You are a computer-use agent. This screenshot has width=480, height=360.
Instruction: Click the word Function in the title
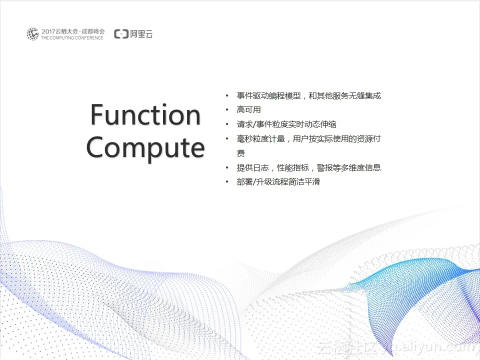(145, 115)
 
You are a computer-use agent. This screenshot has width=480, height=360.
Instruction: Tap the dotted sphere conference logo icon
(33, 34)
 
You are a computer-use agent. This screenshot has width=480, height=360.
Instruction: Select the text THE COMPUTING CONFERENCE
(72, 38)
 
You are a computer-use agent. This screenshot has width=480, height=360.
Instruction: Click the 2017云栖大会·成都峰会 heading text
(73, 31)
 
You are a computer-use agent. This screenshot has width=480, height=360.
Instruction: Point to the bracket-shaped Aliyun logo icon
(121, 34)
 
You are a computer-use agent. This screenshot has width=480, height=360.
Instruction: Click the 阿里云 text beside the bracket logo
(141, 34)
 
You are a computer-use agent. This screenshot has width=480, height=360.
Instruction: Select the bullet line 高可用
(248, 110)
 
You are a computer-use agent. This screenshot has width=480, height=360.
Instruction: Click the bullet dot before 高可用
(227, 110)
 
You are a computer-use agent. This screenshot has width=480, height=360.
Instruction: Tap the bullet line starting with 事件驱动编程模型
(308, 96)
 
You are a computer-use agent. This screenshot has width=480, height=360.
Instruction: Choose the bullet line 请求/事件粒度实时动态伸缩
(286, 124)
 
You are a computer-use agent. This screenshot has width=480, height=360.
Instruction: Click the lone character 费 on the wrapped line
(241, 153)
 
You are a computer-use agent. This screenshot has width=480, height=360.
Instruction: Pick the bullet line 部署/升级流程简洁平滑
(278, 182)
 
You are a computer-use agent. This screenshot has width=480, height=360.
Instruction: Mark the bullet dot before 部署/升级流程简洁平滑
(227, 182)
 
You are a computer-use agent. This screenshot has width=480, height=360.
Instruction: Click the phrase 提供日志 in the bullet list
(252, 168)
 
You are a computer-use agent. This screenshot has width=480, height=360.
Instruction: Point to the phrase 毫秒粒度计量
(261, 139)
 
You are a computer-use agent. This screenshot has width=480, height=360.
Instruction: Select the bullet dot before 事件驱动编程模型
(227, 96)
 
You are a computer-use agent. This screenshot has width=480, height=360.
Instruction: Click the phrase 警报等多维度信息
(348, 168)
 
